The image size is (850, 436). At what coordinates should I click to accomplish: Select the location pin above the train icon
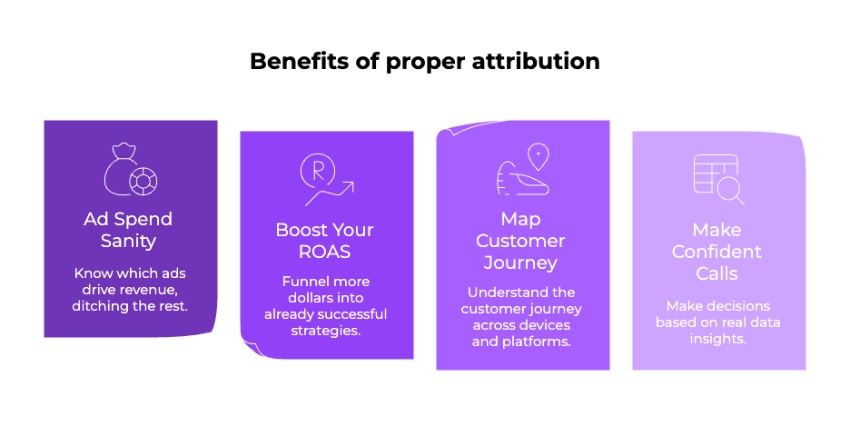[x=539, y=156]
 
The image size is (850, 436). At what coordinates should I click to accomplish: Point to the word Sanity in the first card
[x=128, y=241]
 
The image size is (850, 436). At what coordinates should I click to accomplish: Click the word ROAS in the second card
[x=325, y=252]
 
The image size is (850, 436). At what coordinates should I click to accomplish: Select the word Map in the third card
[x=520, y=219]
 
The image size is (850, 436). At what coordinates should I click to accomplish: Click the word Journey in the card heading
[x=520, y=263]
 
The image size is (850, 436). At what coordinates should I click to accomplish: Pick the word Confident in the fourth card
[x=717, y=252]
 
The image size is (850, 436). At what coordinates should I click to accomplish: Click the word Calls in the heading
[x=717, y=273]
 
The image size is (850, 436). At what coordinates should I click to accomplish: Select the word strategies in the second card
[x=325, y=330]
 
